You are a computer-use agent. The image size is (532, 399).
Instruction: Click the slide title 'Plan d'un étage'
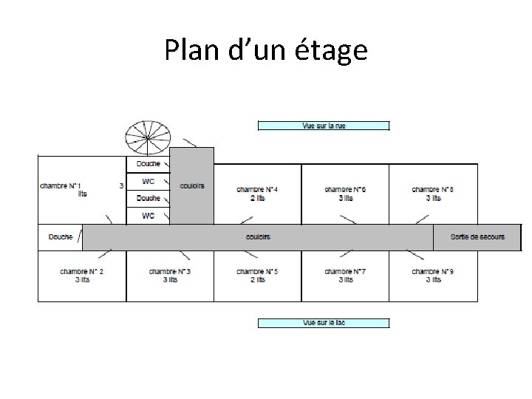click(x=266, y=50)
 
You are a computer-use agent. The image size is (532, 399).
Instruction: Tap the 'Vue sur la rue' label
click(x=324, y=126)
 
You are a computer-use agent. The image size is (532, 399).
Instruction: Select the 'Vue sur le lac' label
click(x=324, y=323)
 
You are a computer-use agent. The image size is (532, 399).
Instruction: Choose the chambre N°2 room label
click(x=81, y=276)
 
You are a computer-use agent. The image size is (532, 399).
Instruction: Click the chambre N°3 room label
click(x=170, y=276)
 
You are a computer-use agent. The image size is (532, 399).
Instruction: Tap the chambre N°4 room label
click(x=257, y=194)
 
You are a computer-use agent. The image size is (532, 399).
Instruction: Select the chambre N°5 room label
click(x=257, y=276)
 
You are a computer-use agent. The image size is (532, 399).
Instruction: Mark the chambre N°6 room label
click(x=345, y=194)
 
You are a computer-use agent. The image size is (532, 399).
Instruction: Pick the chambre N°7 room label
click(x=345, y=276)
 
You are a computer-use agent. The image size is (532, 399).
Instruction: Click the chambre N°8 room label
click(x=433, y=194)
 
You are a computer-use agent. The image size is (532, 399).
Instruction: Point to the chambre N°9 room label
click(x=433, y=276)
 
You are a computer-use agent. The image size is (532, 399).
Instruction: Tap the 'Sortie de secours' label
click(x=477, y=236)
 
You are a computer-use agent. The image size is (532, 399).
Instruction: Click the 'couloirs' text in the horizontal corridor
click(x=258, y=236)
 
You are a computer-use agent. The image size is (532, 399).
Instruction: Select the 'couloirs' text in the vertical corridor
click(x=192, y=185)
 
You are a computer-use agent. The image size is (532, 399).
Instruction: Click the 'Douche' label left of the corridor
click(x=61, y=236)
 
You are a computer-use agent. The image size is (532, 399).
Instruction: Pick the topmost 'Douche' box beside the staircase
click(x=148, y=164)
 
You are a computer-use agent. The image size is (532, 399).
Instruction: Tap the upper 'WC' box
click(x=148, y=181)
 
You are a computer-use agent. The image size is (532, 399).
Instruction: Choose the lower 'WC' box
click(x=148, y=216)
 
